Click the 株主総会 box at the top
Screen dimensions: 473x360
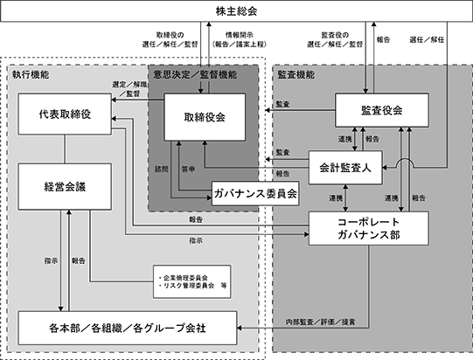(236, 11)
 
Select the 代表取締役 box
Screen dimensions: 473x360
(65, 114)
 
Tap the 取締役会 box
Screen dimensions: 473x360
(205, 117)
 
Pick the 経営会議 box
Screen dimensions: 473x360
(65, 187)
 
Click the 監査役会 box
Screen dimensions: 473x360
(382, 110)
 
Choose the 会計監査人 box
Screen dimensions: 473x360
(345, 168)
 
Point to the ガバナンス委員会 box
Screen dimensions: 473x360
(255, 194)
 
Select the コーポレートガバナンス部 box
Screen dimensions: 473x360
(369, 228)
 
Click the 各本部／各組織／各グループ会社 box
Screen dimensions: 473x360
(128, 328)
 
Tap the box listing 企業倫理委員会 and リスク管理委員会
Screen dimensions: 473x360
(191, 281)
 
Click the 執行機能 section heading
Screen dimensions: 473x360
(31, 74)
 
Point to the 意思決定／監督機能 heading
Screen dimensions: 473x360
(195, 74)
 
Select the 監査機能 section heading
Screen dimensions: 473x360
(296, 74)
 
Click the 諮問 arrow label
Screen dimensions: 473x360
(162, 170)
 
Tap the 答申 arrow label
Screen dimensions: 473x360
(188, 170)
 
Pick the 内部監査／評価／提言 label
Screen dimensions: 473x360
(320, 322)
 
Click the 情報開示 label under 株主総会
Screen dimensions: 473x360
(239, 35)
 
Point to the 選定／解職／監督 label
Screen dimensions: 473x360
(129, 89)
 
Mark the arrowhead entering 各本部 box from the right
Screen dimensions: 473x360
(240, 328)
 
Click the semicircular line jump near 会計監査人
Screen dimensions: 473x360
(405, 160)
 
